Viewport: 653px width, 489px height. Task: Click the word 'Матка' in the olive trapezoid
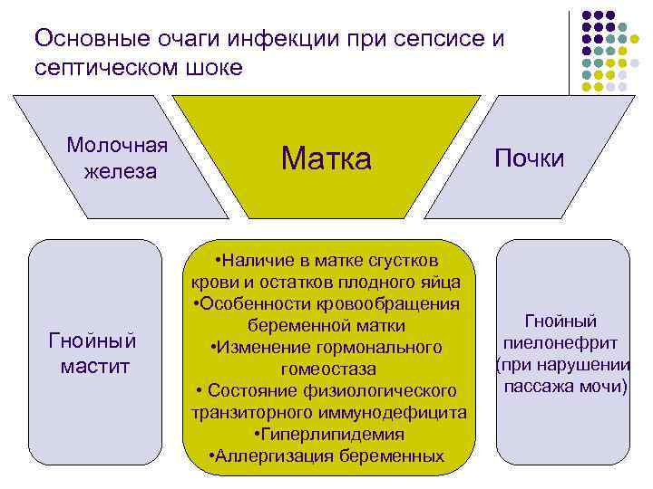[326, 158]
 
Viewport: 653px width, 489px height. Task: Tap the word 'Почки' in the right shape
[529, 158]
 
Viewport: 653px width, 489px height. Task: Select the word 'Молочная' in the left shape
[118, 146]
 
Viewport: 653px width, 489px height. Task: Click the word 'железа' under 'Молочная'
[118, 171]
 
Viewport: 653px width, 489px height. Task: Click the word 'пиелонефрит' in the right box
[562, 343]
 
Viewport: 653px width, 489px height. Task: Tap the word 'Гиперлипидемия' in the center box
[331, 434]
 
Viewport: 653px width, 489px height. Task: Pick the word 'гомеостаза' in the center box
[327, 369]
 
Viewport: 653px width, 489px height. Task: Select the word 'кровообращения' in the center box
[394, 302]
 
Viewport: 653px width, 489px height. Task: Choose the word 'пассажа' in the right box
[534, 387]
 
